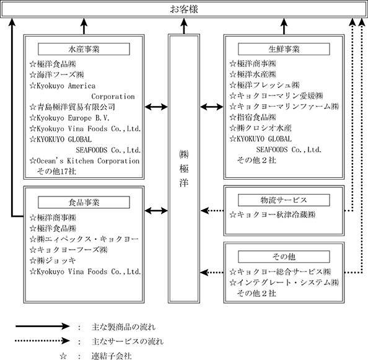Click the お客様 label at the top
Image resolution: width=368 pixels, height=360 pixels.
[184, 9]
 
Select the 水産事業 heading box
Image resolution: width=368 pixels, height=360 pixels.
[84, 49]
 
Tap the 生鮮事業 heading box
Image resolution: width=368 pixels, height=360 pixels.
[284, 49]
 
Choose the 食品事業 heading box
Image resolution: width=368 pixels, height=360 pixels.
[84, 202]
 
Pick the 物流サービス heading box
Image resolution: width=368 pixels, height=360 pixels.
[284, 200]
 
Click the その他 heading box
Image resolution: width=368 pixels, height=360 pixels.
[284, 257]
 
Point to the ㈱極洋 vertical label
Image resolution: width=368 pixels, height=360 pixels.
[184, 169]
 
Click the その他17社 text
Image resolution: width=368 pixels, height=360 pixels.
[56, 172]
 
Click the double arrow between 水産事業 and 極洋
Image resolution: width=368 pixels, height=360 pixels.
[156, 107]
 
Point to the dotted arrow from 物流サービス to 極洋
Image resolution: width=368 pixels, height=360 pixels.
[212, 211]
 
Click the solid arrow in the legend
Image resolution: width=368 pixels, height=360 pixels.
[43, 326]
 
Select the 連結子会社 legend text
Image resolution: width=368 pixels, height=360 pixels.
[112, 356]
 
